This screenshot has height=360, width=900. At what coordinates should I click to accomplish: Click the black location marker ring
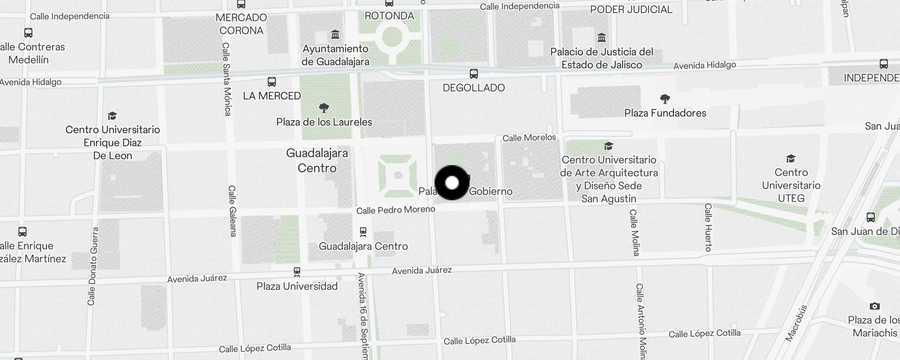(452, 183)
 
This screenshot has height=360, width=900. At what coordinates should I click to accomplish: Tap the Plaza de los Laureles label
(324, 122)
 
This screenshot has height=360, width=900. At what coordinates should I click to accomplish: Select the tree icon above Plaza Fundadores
(665, 99)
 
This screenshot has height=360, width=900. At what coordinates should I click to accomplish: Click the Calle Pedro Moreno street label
(396, 210)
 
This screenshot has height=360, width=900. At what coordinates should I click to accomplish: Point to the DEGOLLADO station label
(473, 88)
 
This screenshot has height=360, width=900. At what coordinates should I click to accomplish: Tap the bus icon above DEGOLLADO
(473, 74)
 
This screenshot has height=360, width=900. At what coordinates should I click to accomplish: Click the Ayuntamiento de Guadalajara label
(335, 55)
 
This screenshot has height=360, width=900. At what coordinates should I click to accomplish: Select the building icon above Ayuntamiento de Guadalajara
(335, 35)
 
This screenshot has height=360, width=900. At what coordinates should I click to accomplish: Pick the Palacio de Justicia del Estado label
(602, 58)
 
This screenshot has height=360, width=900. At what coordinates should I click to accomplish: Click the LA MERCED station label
(272, 96)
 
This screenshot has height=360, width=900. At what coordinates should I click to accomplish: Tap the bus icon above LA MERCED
(271, 82)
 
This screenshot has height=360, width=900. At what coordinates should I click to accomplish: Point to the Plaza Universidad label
(297, 286)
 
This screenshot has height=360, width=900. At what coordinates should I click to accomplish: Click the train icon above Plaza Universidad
(297, 272)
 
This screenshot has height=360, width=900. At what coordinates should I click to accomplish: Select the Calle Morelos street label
(529, 138)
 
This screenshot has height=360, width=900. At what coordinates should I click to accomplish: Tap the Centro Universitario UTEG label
(791, 185)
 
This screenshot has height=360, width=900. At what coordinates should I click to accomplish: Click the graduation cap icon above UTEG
(791, 158)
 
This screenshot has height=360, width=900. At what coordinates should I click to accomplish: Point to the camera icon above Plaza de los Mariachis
(874, 306)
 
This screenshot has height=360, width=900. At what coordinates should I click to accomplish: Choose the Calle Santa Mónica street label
(227, 79)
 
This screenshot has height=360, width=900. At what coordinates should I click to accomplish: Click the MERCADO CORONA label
(241, 24)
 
